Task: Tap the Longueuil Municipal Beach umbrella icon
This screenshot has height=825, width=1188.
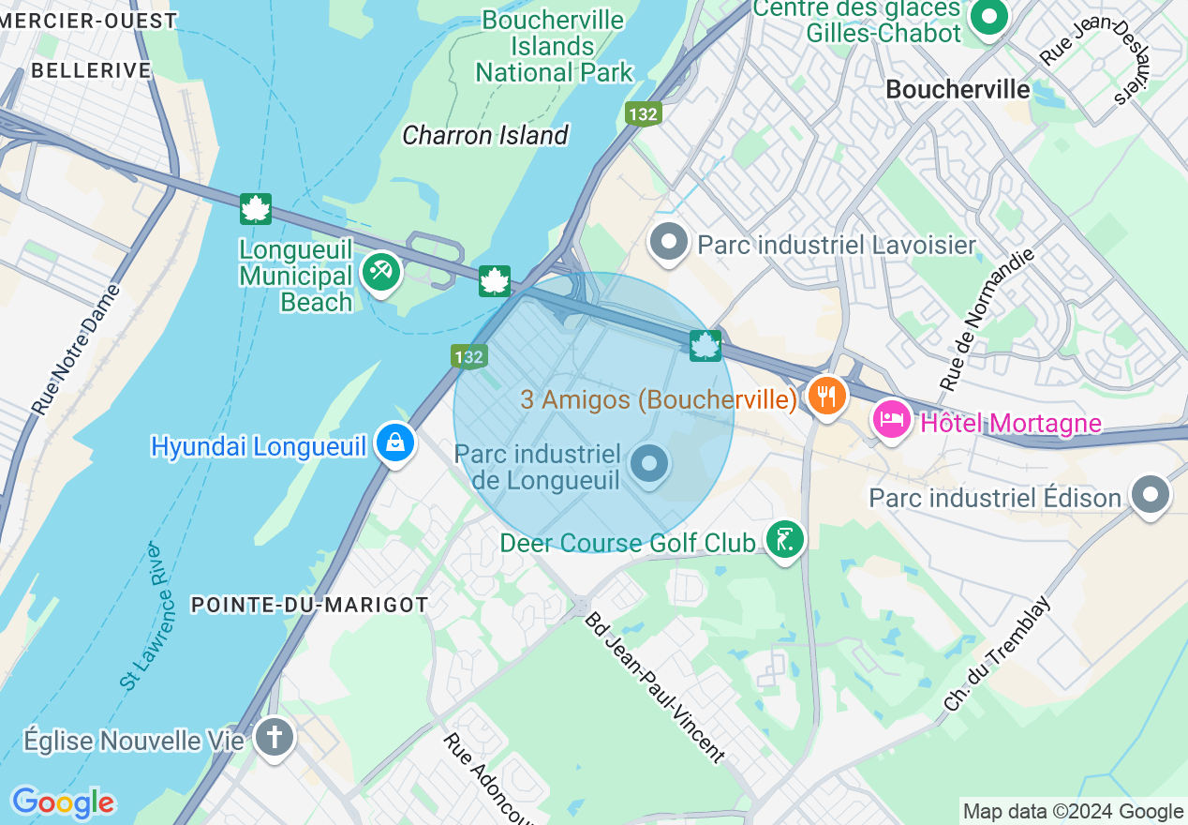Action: pos(380,273)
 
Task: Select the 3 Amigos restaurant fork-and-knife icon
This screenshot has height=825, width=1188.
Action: pos(826,396)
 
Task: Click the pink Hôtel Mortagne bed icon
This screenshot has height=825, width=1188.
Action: pos(890,418)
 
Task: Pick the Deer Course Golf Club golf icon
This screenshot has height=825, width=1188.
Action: pos(784,539)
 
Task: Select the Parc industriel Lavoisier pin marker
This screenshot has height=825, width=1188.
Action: pos(668,242)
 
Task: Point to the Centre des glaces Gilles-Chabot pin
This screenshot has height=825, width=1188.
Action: pos(988,16)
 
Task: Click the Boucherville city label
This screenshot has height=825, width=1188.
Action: pos(958,89)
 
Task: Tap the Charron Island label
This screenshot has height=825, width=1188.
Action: pos(485,135)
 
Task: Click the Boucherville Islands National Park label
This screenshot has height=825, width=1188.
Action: pos(554,46)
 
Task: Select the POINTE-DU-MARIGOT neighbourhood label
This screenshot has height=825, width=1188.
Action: pos(309,605)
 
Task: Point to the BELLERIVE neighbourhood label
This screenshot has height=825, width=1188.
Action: pos(91,70)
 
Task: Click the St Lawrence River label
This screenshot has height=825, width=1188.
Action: pos(147,617)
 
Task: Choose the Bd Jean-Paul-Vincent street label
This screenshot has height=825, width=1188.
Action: pos(655,687)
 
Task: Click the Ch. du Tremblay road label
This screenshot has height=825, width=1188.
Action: pos(998,654)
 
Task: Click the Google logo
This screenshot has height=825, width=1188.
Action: pos(63,802)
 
